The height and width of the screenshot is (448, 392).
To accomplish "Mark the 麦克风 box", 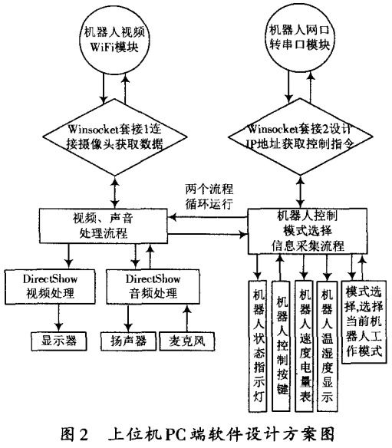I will [x=183, y=338].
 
